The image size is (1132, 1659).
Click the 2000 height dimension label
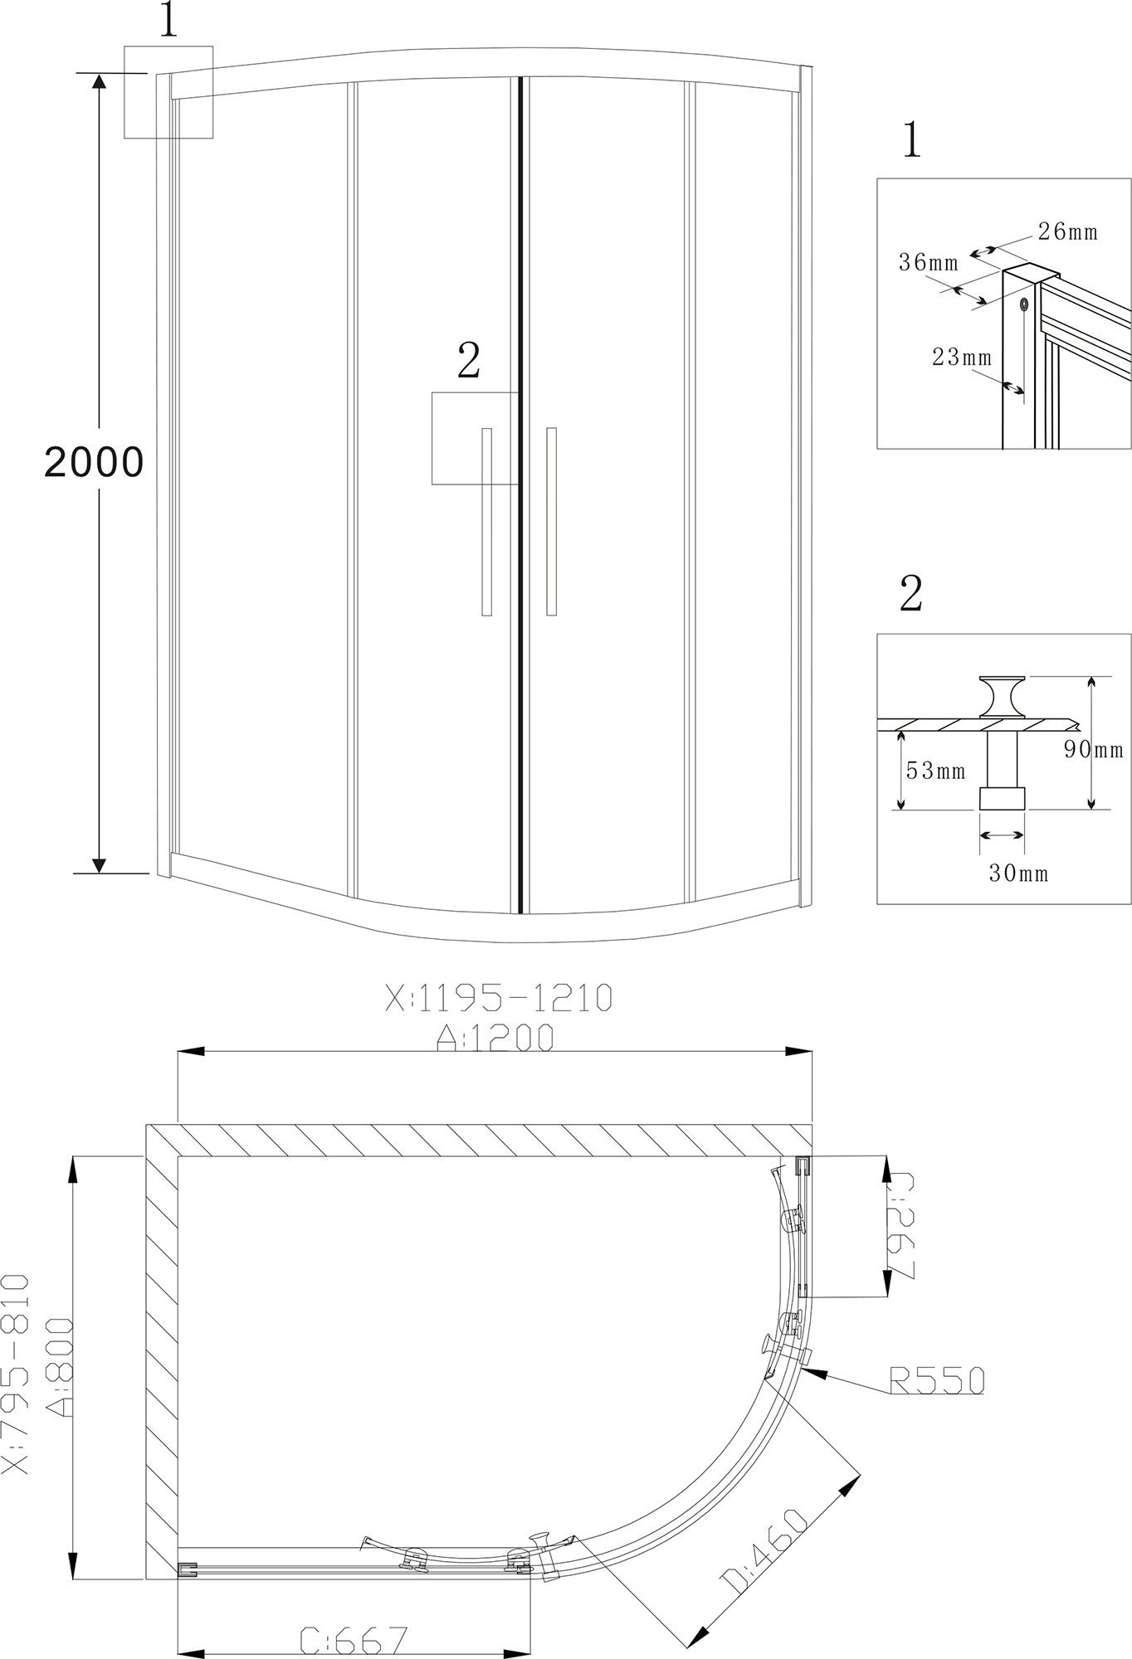[94, 462]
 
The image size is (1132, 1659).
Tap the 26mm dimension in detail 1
[1068, 231]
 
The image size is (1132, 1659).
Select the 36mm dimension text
[929, 263]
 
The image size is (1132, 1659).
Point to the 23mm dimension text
[962, 358]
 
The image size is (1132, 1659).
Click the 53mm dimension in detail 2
[935, 771]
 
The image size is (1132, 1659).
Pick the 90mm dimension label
[1095, 749]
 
